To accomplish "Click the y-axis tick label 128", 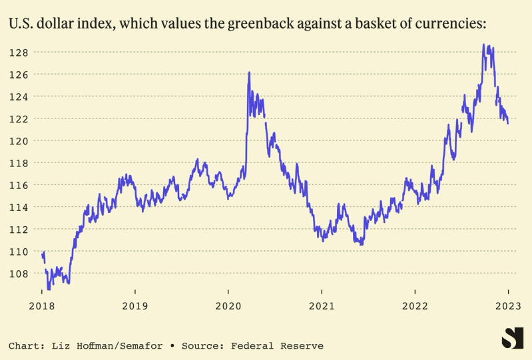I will point(18,52).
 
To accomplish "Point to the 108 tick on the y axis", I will point(18,273).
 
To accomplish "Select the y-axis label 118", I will point(18,162).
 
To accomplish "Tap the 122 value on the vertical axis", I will point(18,118).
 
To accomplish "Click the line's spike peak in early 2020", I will point(249,72).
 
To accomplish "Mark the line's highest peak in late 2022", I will point(483,45).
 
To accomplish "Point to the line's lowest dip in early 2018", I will point(48,289).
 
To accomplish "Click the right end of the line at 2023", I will point(508,123).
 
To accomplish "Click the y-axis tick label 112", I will point(18,229).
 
